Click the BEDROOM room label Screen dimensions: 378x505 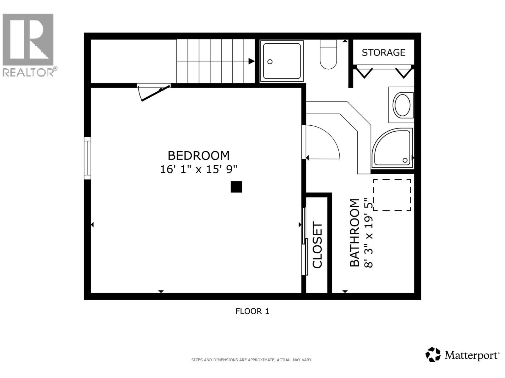[198, 156]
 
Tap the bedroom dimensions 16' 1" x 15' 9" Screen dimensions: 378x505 [198, 169]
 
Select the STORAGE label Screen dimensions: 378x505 [383, 52]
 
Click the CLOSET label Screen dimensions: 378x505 [318, 245]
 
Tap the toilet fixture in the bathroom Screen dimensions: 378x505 [328, 54]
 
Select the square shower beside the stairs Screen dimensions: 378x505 [282, 61]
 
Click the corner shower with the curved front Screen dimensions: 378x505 [392, 148]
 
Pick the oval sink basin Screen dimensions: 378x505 [402, 105]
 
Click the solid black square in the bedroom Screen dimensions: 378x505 [236, 187]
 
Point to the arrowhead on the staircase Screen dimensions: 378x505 [251, 61]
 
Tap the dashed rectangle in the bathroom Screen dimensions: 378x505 [392, 195]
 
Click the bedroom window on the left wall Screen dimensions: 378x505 [87, 158]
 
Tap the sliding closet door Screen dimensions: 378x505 [305, 241]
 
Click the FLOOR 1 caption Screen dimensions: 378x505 [252, 311]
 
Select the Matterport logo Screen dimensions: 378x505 [462, 355]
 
